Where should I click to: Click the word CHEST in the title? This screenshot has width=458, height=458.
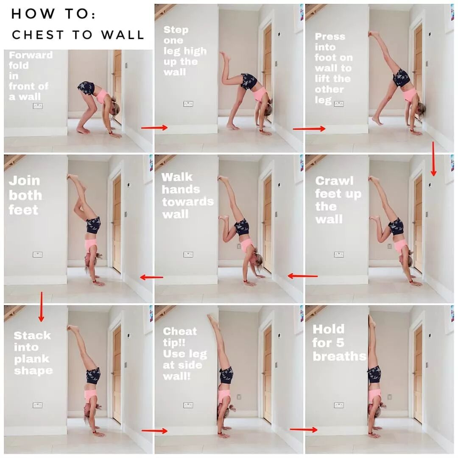pos(38,35)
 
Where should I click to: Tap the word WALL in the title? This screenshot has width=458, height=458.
pos(123,35)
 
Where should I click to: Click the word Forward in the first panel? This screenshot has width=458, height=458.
pos(31,55)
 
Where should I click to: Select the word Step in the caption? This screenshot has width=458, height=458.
pos(176,30)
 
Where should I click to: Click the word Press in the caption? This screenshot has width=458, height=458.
pos(330,36)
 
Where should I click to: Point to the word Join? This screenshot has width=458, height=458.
pos(24,181)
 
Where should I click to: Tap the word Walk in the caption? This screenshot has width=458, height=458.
pos(177,177)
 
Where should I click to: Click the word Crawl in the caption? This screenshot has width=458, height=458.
pos(335,181)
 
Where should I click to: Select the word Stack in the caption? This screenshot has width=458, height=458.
pos(32,335)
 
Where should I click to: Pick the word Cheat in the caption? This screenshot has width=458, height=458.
pos(180,331)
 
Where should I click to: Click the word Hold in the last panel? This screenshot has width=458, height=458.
pos(328,329)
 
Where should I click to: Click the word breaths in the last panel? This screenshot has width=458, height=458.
pos(339,356)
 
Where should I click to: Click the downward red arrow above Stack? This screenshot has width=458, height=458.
pos(41,307)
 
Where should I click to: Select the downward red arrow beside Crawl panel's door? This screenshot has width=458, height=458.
pos(433,159)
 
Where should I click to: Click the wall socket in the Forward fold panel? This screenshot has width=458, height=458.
pos(38,106)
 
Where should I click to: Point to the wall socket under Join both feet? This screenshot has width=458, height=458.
pos(38,254)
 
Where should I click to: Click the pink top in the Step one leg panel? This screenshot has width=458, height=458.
pos(260,94)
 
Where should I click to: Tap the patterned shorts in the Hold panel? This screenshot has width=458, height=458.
pos(374,374)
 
